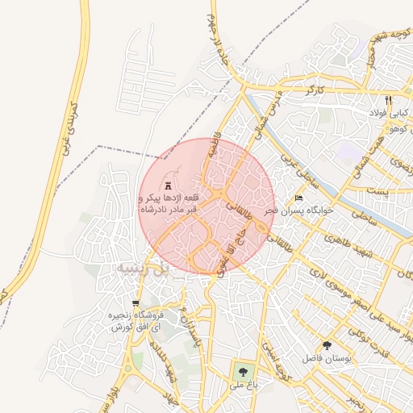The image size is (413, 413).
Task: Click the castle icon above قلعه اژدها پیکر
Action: click(x=169, y=185)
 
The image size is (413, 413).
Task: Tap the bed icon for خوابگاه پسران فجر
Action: click(x=299, y=198)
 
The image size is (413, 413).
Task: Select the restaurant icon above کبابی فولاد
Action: click(x=388, y=100)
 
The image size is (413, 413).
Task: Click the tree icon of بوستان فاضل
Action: click(x=326, y=344)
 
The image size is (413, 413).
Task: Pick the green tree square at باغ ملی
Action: click(x=242, y=372)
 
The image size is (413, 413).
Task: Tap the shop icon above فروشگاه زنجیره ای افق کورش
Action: click(x=135, y=303)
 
